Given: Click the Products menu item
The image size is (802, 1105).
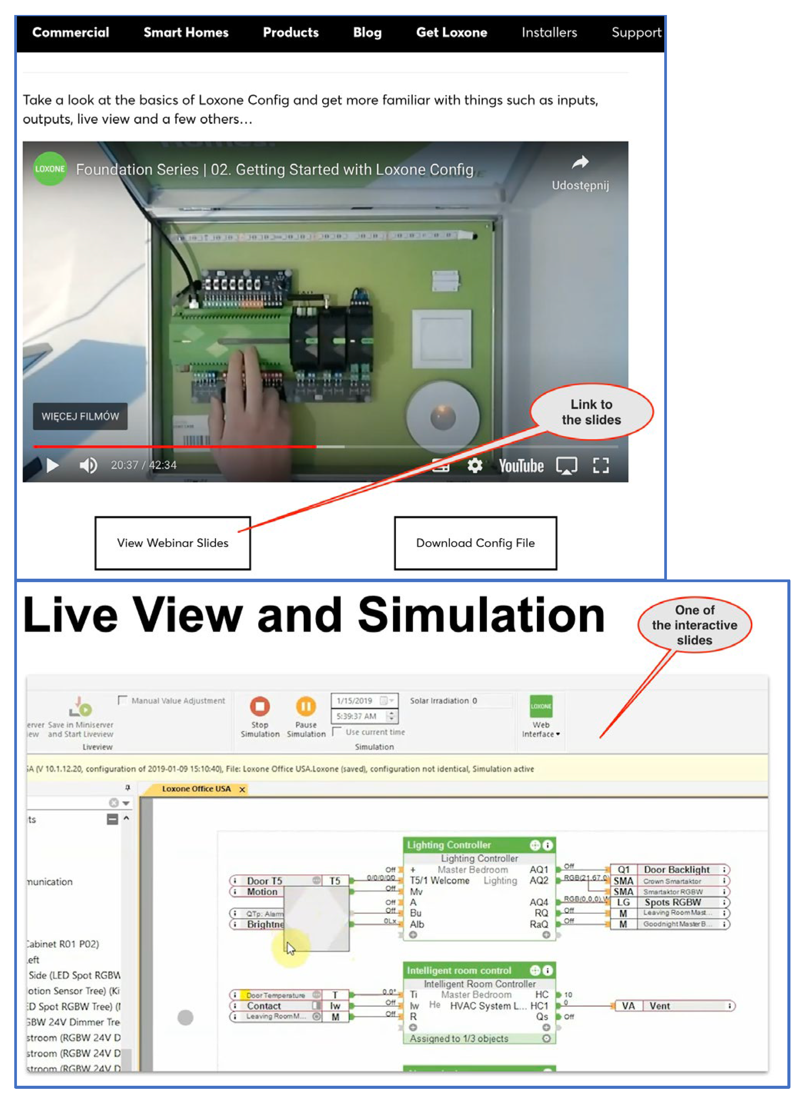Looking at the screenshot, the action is [x=290, y=33].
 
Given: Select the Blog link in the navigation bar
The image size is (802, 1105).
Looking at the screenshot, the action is [x=367, y=33].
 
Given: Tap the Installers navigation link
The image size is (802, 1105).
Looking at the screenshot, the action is [x=549, y=33].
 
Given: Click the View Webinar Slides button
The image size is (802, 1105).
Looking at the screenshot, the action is [x=172, y=543].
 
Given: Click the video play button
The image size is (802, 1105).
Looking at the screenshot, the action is [x=53, y=465].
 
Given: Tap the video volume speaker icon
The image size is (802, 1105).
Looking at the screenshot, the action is [x=88, y=465].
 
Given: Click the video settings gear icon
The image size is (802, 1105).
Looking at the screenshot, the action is [x=475, y=465].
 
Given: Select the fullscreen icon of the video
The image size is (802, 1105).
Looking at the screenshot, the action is [x=600, y=465].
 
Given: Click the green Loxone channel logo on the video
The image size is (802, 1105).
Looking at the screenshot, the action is [x=50, y=169].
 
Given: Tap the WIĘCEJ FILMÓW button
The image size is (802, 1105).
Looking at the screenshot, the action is [x=80, y=416].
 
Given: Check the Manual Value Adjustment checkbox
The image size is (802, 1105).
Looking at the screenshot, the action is [x=122, y=700].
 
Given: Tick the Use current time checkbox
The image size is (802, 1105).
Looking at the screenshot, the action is [x=336, y=732].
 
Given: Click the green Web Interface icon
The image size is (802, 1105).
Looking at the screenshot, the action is [x=541, y=706].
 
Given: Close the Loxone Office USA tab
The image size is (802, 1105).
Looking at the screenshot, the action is [x=242, y=789].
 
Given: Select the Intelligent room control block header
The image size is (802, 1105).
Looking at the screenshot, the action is [x=459, y=971].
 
